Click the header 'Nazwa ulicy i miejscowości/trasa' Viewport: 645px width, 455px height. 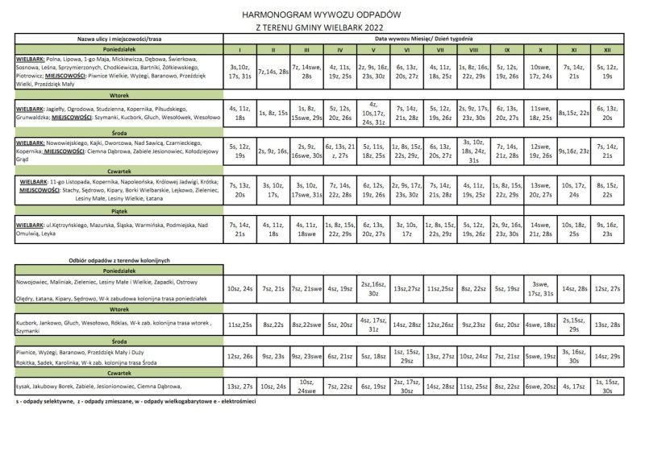point(119,39)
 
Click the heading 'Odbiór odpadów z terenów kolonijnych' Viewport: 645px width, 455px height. point(119,261)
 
